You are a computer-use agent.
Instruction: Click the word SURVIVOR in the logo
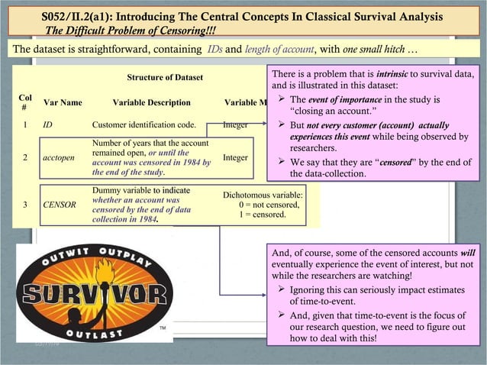95,294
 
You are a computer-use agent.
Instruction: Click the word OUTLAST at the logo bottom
95,333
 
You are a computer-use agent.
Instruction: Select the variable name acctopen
59,157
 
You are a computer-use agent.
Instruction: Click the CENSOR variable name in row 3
59,205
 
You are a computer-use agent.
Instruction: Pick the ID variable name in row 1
47,124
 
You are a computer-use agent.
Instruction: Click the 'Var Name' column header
63,102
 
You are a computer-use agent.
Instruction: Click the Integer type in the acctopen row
235,157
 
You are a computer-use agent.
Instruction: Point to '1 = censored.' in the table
263,215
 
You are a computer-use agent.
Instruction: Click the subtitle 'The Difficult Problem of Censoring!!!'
131,31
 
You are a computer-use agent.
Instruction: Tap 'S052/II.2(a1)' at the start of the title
73,16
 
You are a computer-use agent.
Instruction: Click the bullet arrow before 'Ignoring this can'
282,290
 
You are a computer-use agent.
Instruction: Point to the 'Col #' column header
25,102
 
